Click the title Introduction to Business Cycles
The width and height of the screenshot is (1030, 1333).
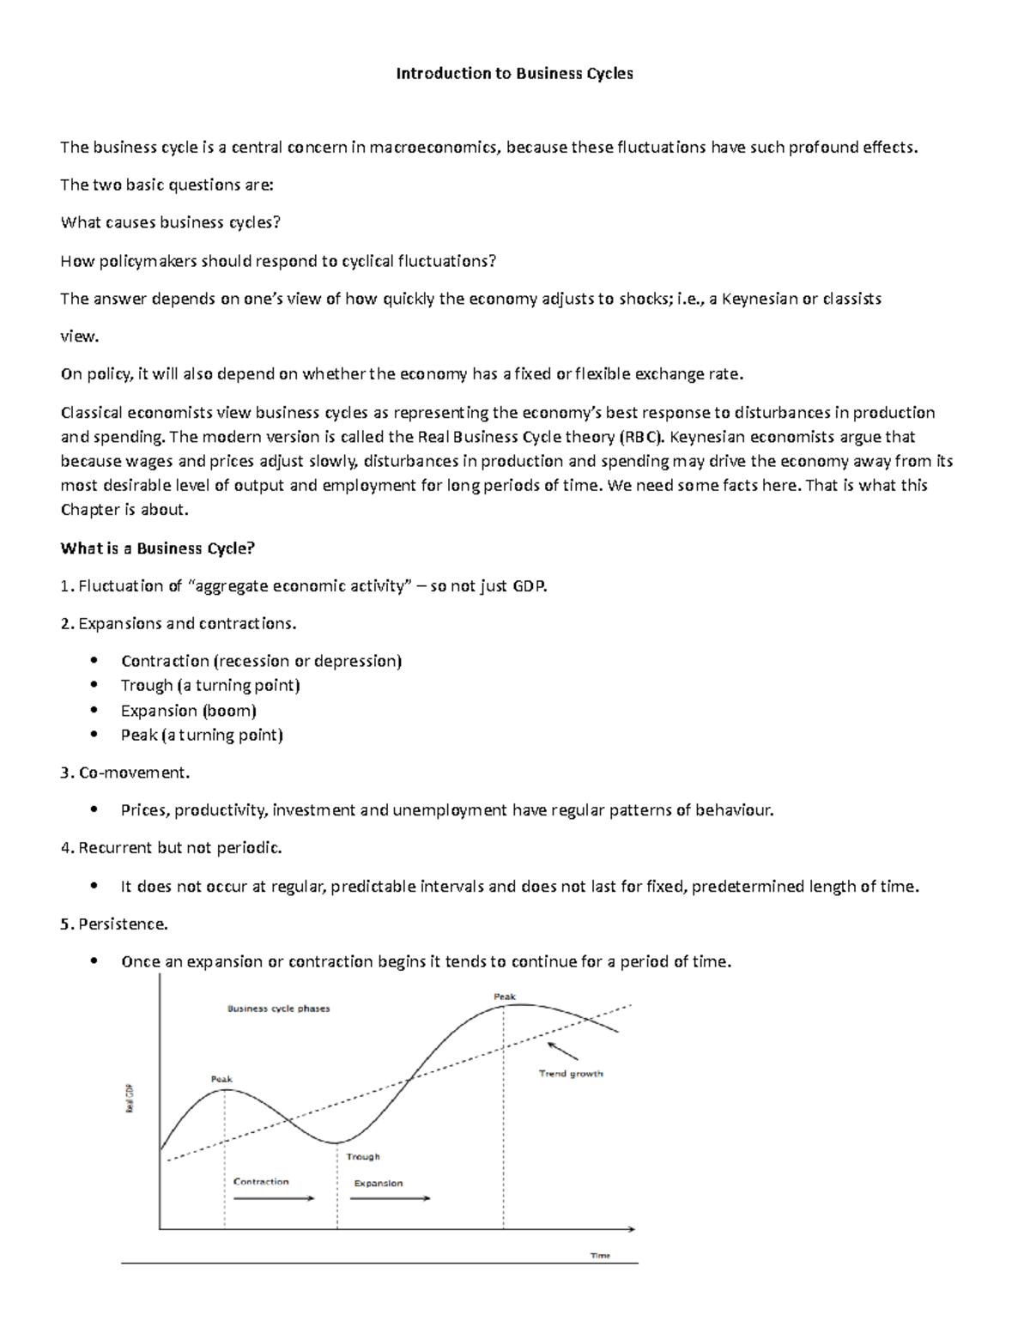point(514,74)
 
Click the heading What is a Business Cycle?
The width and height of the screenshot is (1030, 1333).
point(158,548)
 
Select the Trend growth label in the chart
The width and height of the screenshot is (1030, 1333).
point(571,1074)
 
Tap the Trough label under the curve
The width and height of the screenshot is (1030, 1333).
point(363,1156)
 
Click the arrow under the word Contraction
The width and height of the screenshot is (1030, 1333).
point(273,1198)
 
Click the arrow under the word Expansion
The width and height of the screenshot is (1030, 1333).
point(391,1198)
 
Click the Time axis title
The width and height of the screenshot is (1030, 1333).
point(600,1255)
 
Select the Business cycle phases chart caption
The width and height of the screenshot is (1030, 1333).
point(278,1009)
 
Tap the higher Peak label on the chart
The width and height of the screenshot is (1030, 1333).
point(505,997)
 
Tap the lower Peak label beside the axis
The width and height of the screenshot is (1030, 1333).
point(221,1079)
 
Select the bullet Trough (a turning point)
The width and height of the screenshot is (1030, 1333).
point(210,685)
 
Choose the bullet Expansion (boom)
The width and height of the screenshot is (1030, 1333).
point(189,710)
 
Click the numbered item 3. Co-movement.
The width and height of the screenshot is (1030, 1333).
point(125,773)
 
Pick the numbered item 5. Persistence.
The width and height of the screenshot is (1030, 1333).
point(114,924)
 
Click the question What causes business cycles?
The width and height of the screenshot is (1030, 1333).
point(171,222)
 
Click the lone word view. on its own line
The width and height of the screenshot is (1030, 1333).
point(79,336)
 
